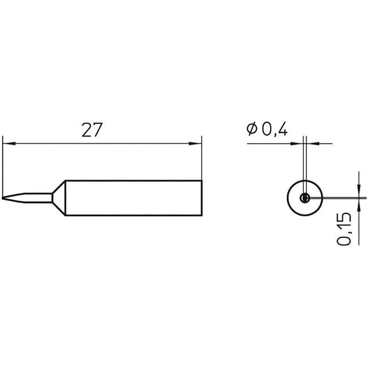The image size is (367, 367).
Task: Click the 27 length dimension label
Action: (x=92, y=130)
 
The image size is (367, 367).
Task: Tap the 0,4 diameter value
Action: (x=275, y=129)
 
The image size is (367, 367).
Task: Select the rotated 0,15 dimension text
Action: (x=344, y=229)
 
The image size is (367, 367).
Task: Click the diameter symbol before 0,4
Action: (x=252, y=128)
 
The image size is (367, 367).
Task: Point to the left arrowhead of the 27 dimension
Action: (x=9, y=143)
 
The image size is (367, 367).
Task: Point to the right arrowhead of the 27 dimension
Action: (x=195, y=143)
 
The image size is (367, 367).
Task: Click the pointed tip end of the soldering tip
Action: (x=2, y=198)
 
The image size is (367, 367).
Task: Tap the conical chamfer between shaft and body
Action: (x=58, y=198)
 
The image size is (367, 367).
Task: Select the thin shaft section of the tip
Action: (x=38, y=198)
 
